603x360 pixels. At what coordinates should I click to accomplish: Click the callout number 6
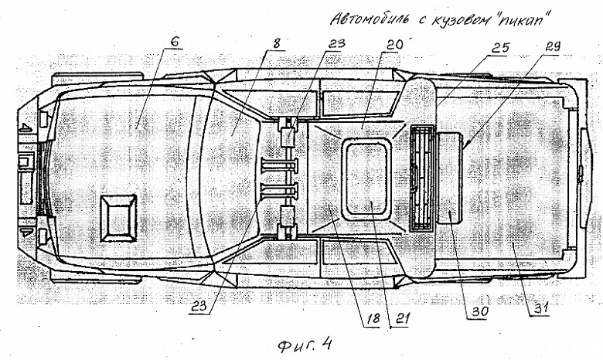coord(174,42)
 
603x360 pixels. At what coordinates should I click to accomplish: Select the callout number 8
coord(277,43)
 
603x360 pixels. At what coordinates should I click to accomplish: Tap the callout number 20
coord(392,45)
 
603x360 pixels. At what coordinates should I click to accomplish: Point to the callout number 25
coord(499,48)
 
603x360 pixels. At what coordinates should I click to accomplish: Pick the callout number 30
coord(479,311)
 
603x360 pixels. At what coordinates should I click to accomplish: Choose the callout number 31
coord(538,308)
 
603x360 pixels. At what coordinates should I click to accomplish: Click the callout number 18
coord(373,318)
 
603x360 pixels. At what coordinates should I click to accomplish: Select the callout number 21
coord(401,318)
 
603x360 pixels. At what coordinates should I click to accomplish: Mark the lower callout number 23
coord(199,306)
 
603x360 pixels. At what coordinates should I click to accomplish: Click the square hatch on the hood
coord(118,218)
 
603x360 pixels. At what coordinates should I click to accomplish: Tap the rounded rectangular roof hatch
coord(366,179)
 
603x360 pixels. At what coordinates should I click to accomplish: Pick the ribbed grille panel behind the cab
coord(422,178)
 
